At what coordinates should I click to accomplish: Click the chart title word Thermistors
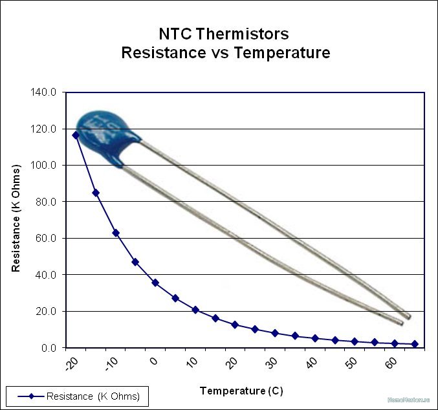[x=246, y=34]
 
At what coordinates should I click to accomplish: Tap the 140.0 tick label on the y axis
[x=45, y=92]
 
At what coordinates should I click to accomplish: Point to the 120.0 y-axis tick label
[x=45, y=129]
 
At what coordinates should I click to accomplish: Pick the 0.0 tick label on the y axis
[x=49, y=348]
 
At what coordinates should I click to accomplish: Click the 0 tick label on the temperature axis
[x=154, y=362]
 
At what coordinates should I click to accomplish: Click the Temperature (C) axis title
[x=241, y=391]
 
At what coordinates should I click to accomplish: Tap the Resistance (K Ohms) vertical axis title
[x=16, y=218]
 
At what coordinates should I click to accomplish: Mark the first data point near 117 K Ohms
[x=76, y=135]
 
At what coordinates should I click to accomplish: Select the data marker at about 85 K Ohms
[x=96, y=193]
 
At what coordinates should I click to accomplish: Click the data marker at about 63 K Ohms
[x=116, y=233]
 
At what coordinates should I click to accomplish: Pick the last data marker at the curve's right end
[x=415, y=344]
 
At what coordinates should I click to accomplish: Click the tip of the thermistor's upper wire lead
[x=408, y=316]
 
